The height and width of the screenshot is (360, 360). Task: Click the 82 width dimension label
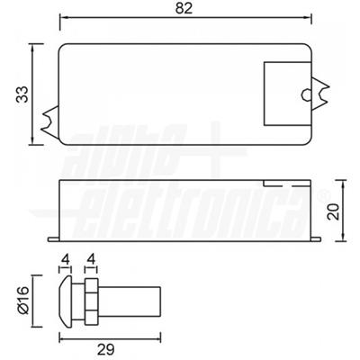184,8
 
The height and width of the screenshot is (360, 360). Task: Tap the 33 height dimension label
22,94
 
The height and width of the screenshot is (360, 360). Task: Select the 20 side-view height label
333,211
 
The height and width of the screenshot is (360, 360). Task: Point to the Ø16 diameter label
22,300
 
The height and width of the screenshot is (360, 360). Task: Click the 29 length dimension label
106,349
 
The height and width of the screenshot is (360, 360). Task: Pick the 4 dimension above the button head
66,259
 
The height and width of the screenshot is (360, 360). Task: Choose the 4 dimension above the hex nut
92,259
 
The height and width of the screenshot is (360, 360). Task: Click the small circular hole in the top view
306,94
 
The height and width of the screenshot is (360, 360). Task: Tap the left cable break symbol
50,122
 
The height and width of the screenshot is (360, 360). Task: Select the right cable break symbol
320,94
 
